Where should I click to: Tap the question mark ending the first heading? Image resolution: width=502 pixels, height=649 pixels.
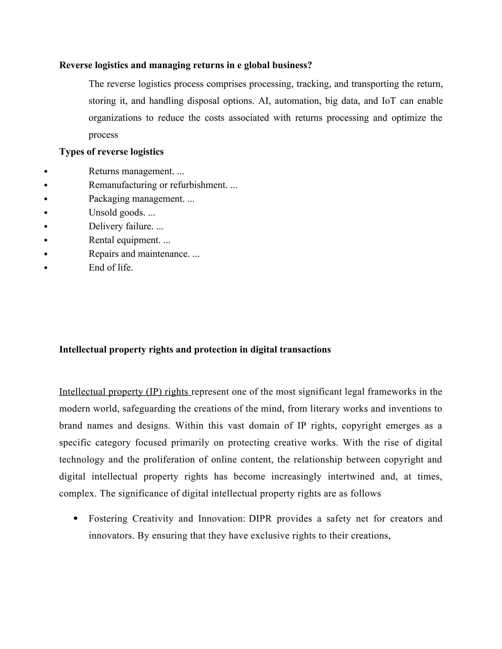click(310, 65)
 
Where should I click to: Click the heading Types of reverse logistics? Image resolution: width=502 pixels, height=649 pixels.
click(111, 152)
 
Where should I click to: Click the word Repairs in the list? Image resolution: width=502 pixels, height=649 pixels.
click(103, 254)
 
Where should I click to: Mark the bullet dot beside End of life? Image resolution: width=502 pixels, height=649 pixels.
click(46, 268)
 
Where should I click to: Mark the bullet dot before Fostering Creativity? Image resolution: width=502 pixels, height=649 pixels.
click(75, 518)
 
